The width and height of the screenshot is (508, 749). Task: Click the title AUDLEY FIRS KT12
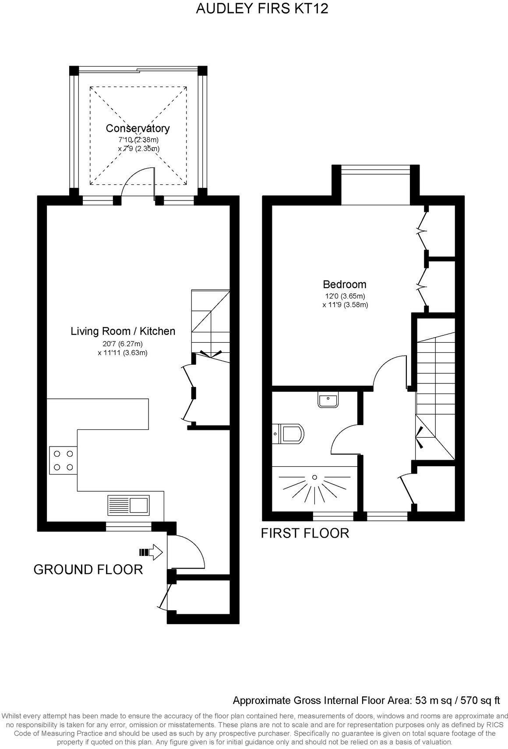point(261,9)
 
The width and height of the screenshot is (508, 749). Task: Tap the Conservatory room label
point(138,128)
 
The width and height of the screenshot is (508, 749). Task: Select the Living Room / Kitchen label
point(123,331)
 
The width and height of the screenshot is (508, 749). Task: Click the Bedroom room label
point(344,284)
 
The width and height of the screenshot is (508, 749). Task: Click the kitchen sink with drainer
point(129,504)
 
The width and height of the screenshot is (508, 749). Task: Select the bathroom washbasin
point(328,400)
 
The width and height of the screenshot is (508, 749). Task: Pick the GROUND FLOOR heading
point(88,570)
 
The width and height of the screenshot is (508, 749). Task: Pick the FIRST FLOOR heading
point(305,533)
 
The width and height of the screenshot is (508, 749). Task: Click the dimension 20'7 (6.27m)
point(123,344)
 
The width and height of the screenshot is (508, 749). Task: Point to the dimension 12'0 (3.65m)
point(344,296)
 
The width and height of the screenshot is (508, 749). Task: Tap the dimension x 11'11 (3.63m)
point(123,353)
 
